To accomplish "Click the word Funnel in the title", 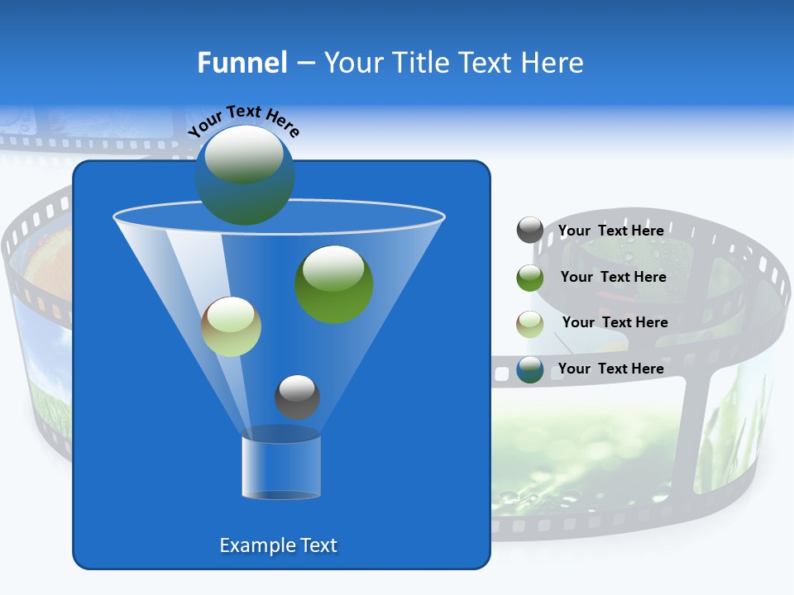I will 242,63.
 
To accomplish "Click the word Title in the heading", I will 419,63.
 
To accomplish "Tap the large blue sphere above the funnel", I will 244,174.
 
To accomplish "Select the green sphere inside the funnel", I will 333,283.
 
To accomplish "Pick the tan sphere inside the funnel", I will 231,326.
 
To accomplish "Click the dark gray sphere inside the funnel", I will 297,397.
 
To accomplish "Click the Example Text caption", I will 278,545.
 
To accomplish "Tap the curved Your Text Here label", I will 243,120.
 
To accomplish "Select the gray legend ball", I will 529,231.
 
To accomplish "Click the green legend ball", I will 529,277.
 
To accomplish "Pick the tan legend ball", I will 529,323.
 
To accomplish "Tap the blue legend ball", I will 529,369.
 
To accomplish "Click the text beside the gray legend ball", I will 610,231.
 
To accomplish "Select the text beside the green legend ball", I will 613,277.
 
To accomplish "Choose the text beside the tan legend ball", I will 615,322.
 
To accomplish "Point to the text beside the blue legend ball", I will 610,369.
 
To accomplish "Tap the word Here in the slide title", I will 553,63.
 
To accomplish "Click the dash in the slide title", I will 305,64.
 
